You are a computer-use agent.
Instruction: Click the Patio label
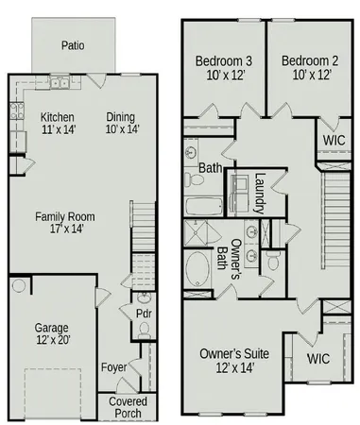pyautogui.click(x=74, y=44)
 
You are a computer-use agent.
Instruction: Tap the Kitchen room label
pyautogui.click(x=58, y=125)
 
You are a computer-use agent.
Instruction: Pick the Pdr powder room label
pyautogui.click(x=144, y=312)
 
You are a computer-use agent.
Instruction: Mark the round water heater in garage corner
pyautogui.click(x=19, y=286)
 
